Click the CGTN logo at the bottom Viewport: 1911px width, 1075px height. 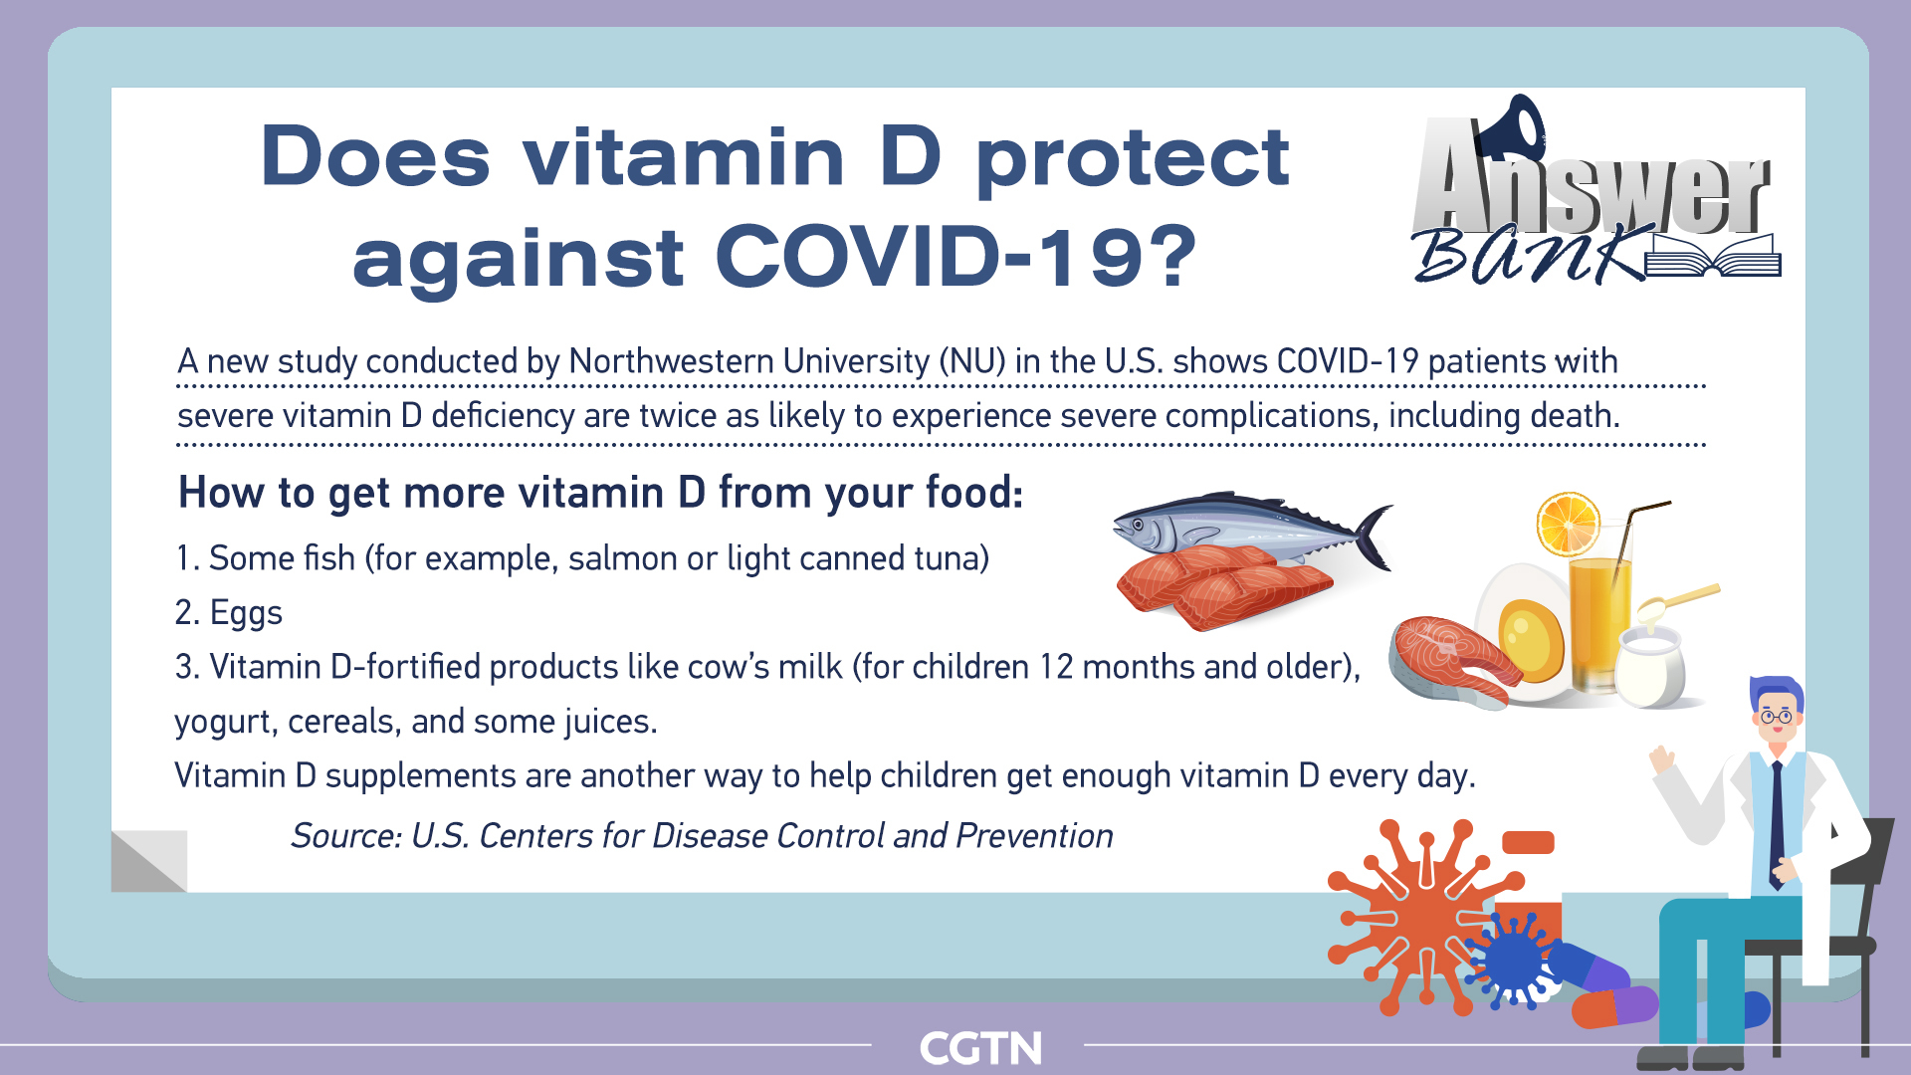tap(980, 1048)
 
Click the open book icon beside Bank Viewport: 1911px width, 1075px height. tap(1712, 256)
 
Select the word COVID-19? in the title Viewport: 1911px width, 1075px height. tap(956, 256)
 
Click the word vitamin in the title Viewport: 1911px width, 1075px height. tap(685, 156)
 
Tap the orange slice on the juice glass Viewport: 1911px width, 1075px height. tap(1569, 524)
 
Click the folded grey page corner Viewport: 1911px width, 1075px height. tap(149, 861)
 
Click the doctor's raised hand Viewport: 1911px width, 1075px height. tap(1661, 760)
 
